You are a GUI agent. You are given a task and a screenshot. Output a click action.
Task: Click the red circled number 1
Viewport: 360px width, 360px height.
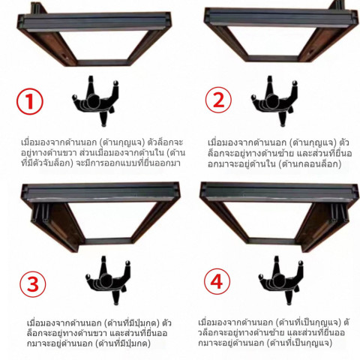30,101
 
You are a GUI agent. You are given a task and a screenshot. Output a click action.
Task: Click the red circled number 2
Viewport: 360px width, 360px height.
218,100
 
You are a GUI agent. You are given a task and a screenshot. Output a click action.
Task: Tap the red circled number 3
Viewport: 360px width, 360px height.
33,283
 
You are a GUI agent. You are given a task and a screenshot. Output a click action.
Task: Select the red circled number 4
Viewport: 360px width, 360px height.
217,282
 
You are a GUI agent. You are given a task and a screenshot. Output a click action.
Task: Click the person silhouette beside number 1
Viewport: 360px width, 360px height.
96,101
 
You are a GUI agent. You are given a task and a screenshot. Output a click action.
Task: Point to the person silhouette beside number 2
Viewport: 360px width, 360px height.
275,101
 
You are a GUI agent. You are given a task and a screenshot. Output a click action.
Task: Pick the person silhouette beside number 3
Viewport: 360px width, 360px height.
108,280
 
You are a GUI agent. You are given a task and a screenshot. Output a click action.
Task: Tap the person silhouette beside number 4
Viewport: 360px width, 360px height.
281,280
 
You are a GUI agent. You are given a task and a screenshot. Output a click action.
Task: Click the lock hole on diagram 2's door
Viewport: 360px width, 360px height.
311,52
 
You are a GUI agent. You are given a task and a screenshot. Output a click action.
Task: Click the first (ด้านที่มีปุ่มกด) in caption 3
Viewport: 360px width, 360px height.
131,323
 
